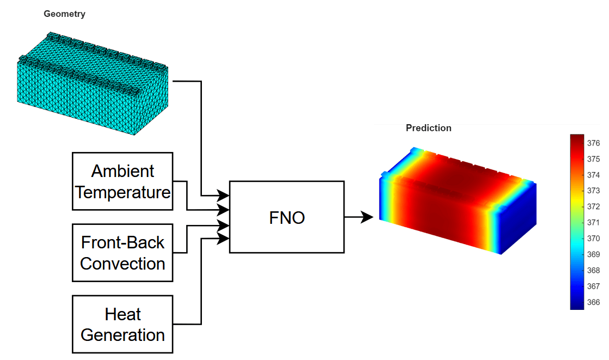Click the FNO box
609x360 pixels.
(x=287, y=217)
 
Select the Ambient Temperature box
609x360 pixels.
(x=122, y=181)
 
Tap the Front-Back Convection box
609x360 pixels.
(x=122, y=253)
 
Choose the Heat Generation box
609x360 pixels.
(x=122, y=324)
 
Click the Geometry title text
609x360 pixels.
(x=64, y=14)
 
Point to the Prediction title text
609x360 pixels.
(x=428, y=128)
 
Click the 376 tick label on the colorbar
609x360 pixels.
(x=593, y=143)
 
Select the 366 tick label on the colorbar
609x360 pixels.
(x=593, y=302)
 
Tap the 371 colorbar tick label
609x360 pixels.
(x=593, y=223)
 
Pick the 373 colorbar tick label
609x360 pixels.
(x=593, y=191)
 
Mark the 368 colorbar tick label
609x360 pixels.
(x=593, y=271)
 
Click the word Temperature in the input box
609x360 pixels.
(x=123, y=192)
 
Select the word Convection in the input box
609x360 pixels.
(x=122, y=264)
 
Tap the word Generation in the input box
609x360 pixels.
(x=122, y=334)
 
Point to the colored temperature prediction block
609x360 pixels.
(x=446, y=207)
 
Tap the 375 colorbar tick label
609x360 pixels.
(x=593, y=159)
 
